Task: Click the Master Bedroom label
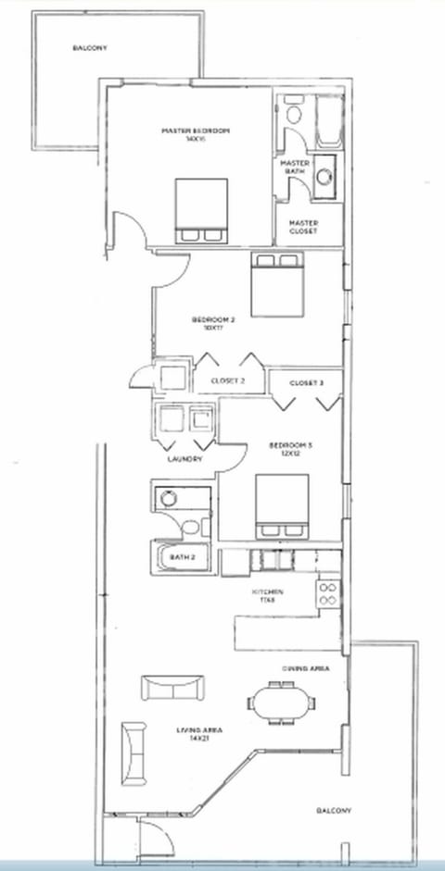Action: [196, 135]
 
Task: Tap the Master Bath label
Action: [295, 168]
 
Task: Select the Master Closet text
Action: [303, 227]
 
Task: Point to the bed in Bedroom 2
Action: [275, 281]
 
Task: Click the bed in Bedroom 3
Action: [282, 506]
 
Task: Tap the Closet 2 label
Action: [227, 380]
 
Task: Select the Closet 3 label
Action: [306, 383]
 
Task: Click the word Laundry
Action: [184, 459]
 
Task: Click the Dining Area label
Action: [302, 666]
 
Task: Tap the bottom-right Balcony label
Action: [333, 811]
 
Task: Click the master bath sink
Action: [324, 178]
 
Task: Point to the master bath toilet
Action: [293, 115]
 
